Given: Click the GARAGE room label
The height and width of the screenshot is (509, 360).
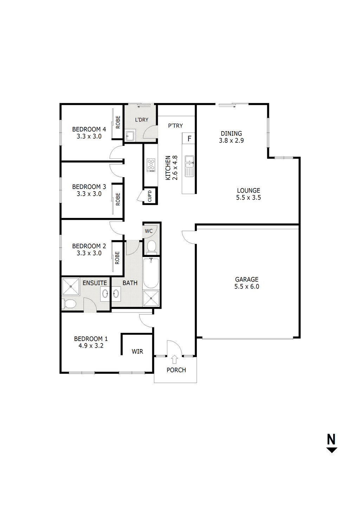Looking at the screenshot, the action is tap(246, 279).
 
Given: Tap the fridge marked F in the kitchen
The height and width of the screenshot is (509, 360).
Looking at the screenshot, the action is tap(189, 138).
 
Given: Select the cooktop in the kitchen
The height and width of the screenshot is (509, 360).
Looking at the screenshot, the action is tap(151, 165).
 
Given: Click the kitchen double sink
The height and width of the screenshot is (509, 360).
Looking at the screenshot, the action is tap(189, 166).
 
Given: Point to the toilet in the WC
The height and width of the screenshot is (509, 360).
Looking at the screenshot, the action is tap(152, 247).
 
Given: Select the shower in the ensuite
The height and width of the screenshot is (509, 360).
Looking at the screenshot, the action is tap(71, 286).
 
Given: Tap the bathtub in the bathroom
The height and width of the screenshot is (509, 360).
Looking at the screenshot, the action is tap(151, 273).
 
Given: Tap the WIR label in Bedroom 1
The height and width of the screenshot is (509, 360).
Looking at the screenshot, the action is tap(137, 352).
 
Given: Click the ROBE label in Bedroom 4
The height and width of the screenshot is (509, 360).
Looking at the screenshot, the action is tap(118, 122).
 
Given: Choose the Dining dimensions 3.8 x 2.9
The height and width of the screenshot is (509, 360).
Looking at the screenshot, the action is tap(231, 140).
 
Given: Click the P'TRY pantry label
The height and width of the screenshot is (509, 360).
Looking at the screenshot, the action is tap(175, 125).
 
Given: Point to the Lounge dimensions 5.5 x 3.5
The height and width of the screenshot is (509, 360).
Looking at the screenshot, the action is tap(249, 198).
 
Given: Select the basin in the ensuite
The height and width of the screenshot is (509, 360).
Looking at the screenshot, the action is tap(105, 294).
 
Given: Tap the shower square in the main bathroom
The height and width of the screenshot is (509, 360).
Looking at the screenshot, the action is tap(152, 298).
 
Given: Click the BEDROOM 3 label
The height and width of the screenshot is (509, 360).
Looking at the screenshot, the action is tap(89, 187).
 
